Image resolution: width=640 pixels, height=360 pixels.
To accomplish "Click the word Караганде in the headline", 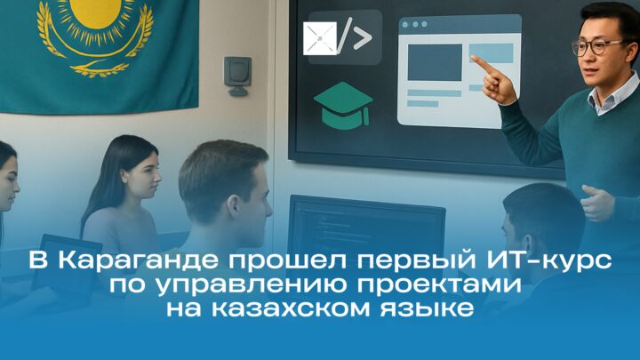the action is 138,260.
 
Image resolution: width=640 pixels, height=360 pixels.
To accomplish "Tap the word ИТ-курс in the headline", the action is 542,260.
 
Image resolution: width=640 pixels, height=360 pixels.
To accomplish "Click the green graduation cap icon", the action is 343,105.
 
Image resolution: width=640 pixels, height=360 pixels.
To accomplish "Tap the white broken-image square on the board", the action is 320,38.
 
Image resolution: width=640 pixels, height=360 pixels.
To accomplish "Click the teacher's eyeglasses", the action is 597,47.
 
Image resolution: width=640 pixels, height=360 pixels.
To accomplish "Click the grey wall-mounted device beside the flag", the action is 237,76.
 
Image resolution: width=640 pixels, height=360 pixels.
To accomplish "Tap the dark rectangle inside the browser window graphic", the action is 435,62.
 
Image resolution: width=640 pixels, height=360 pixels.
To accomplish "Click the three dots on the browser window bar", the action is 415,25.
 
